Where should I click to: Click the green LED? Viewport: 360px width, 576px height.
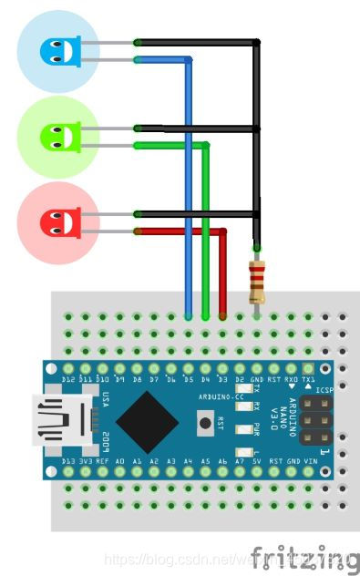[56, 137]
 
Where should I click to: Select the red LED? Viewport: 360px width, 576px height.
[56, 222]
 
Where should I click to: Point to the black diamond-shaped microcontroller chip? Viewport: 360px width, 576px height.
[146, 421]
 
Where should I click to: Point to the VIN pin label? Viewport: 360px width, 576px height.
[309, 463]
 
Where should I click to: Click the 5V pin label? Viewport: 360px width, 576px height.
[257, 463]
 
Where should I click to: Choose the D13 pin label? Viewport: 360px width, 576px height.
[67, 463]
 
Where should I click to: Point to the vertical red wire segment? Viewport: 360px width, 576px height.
[222, 273]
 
